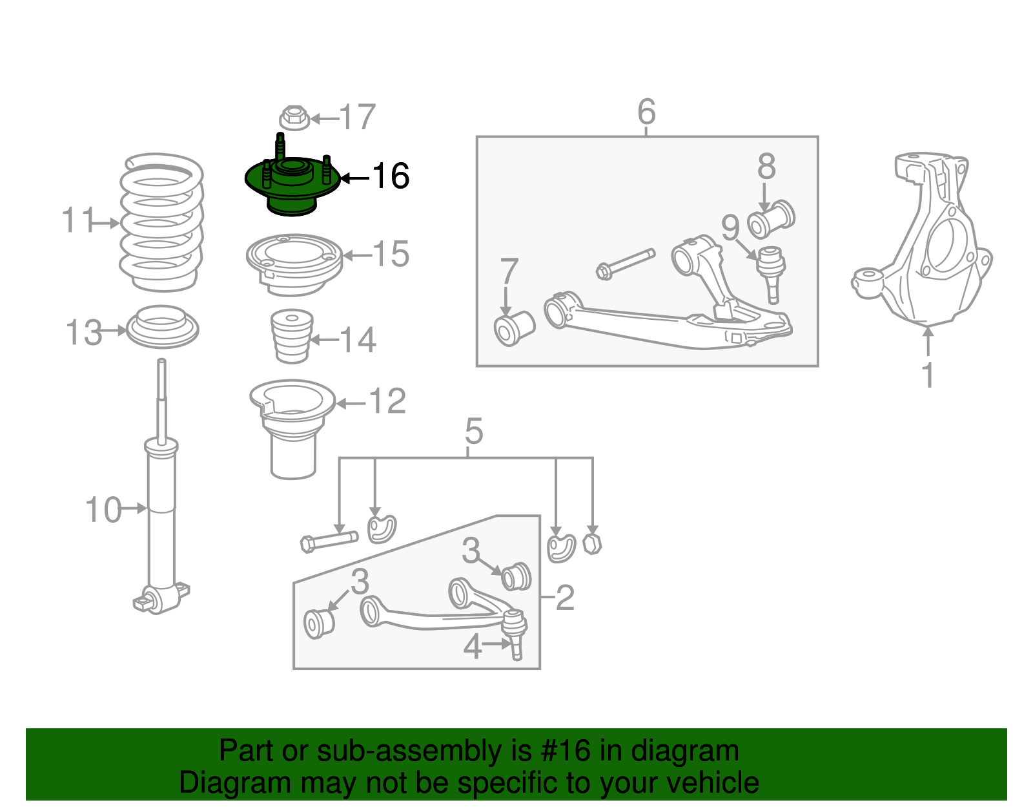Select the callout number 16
click(x=391, y=176)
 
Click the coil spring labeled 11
click(x=161, y=223)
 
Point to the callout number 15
click(x=391, y=255)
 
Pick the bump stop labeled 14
click(x=292, y=337)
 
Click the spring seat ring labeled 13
click(x=161, y=327)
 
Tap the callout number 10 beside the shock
click(x=103, y=510)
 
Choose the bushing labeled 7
click(x=514, y=328)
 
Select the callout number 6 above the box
click(x=646, y=112)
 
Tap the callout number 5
click(x=473, y=431)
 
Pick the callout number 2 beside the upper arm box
click(x=564, y=597)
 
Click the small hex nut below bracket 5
click(x=592, y=543)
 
